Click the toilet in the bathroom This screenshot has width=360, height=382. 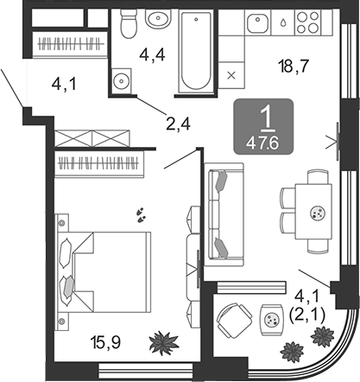[x=129, y=23]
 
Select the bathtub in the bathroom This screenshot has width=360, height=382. [x=196, y=51]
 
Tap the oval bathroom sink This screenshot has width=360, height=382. [x=158, y=18]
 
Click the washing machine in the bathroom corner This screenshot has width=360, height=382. [x=122, y=80]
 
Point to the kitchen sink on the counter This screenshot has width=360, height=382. [x=258, y=22]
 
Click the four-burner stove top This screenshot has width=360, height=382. [x=308, y=22]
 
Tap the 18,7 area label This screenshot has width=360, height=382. [x=294, y=66]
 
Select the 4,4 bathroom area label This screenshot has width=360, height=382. [x=152, y=55]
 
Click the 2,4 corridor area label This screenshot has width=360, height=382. [x=178, y=124]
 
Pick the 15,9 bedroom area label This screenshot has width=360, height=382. [x=105, y=343]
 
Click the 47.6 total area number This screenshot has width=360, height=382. [x=263, y=143]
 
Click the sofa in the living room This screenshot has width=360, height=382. [x=224, y=214]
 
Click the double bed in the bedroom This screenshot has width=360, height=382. [x=104, y=272]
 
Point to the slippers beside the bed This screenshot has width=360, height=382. [x=141, y=215]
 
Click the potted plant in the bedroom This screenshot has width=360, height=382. [x=164, y=342]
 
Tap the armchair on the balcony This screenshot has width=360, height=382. [x=234, y=321]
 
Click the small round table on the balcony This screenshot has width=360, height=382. [x=271, y=320]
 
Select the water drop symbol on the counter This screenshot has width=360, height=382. [x=283, y=22]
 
